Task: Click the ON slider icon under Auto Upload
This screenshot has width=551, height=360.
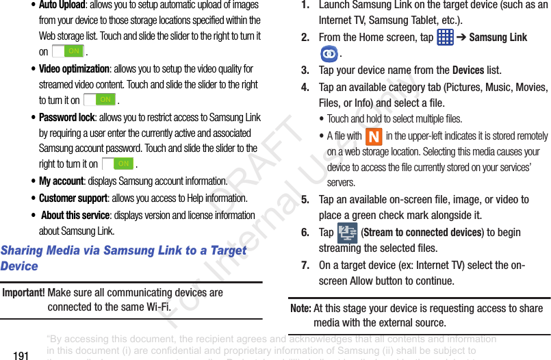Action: pos(68,51)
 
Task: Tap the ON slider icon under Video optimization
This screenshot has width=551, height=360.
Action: pos(100,100)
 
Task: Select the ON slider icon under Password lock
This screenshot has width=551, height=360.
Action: pos(118,164)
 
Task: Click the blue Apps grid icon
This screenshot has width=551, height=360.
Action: pos(445,36)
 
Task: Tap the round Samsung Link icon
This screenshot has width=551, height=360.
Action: pos(329,53)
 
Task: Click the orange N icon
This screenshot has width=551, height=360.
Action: pos(373,136)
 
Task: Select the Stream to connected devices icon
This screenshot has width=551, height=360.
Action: pos(347,233)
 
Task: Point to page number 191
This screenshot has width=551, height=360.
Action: pos(21,355)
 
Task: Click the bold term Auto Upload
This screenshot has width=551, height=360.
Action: pos(62,5)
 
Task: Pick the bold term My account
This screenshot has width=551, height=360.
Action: pos(61,181)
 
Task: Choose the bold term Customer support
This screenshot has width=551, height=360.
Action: pos(73,198)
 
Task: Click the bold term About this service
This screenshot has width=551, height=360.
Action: pos(75,215)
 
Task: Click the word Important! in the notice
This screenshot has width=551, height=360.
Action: pos(24,292)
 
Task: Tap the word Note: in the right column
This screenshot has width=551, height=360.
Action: pos(300,308)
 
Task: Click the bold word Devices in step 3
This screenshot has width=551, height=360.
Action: pos(468,70)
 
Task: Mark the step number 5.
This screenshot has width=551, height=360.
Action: pos(305,200)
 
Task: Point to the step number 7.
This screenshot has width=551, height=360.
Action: pos(305,265)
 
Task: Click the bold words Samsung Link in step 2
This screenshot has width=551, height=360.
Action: pos(498,37)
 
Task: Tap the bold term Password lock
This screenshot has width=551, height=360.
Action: pos(66,117)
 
